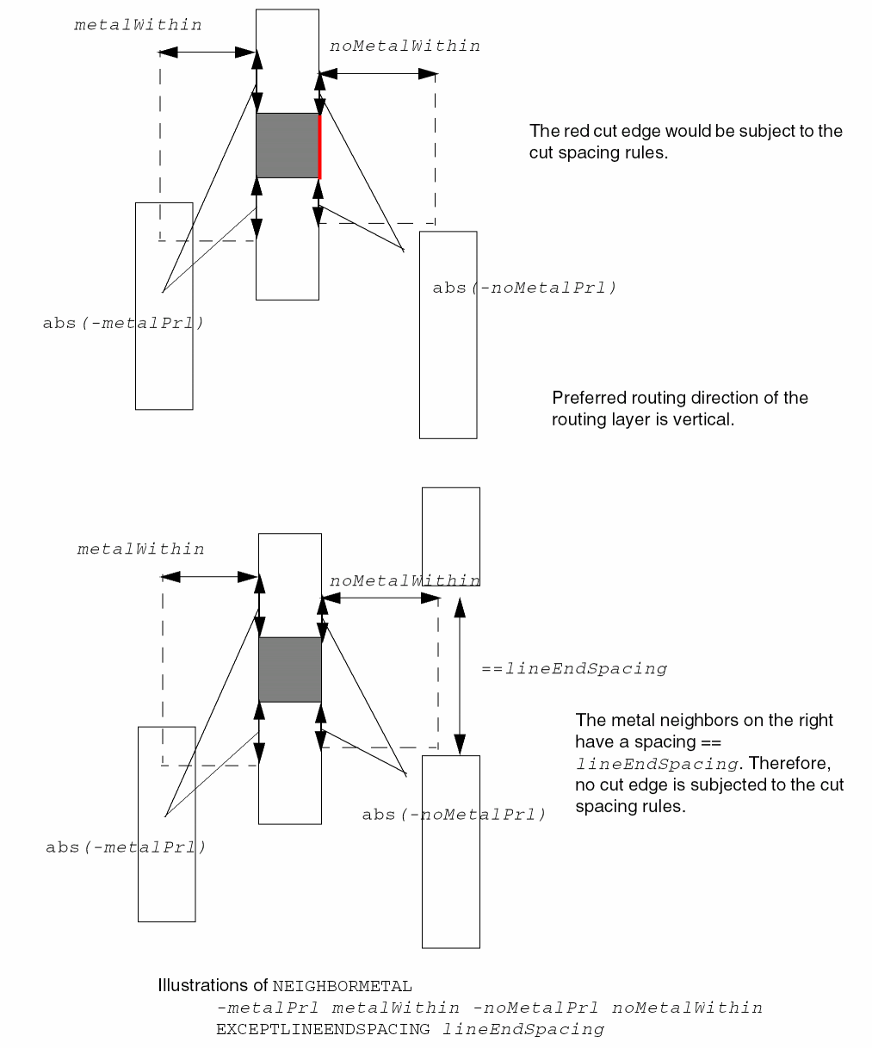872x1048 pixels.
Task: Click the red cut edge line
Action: (x=320, y=146)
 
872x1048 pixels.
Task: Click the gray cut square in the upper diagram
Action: (x=288, y=146)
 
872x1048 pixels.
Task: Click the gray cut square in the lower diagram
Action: (x=290, y=670)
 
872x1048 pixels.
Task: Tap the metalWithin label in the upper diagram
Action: (x=138, y=25)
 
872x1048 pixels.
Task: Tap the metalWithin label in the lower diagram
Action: (x=140, y=549)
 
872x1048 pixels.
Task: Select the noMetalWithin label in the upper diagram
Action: (x=405, y=46)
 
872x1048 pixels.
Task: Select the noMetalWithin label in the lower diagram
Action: (x=405, y=581)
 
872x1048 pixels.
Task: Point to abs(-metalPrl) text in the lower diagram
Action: (x=126, y=846)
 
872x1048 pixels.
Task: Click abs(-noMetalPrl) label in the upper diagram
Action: (x=524, y=288)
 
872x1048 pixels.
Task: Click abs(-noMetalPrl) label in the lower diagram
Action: (x=454, y=814)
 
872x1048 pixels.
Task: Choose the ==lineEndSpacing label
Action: (x=574, y=668)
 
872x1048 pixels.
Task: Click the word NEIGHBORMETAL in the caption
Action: (x=342, y=986)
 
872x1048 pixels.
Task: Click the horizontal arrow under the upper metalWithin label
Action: (x=208, y=52)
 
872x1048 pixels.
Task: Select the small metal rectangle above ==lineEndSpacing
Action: (x=450, y=536)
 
